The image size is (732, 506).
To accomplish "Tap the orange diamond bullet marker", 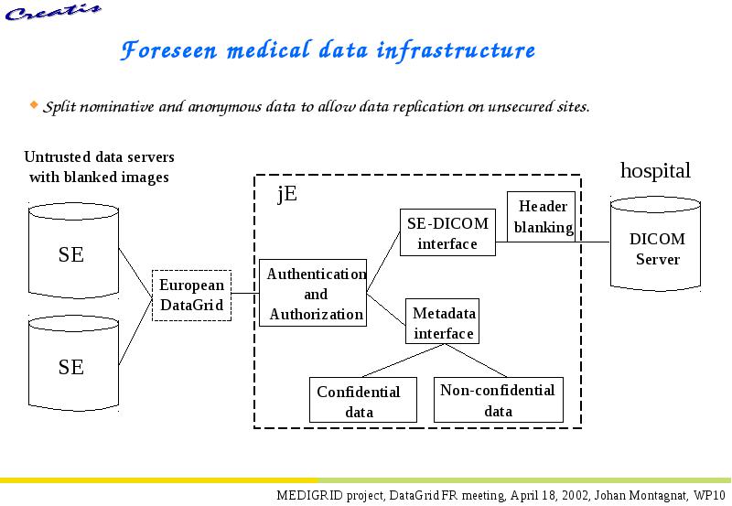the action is (x=34, y=104).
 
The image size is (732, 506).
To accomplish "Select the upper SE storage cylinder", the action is (x=73, y=251).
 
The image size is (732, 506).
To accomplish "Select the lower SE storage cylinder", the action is (x=73, y=363).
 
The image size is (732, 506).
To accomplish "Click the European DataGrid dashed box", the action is (x=192, y=296).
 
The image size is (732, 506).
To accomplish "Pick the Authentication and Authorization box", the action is (x=313, y=293).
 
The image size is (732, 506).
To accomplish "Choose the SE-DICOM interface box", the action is (x=447, y=232).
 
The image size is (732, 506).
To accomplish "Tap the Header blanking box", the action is (x=541, y=217).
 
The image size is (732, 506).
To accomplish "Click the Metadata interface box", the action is (x=443, y=321).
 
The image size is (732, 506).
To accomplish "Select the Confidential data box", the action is (x=363, y=400).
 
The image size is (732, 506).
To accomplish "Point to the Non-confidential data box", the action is (x=499, y=400).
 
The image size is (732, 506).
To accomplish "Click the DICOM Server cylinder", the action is (x=655, y=243).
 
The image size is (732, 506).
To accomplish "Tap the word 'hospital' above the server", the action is (x=655, y=170).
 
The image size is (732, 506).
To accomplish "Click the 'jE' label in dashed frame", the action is (x=287, y=193).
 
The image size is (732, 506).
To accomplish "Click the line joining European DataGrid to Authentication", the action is (x=245, y=293).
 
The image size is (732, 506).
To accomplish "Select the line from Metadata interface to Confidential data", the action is (x=403, y=361).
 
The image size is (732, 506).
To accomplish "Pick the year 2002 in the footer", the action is (x=576, y=495).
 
